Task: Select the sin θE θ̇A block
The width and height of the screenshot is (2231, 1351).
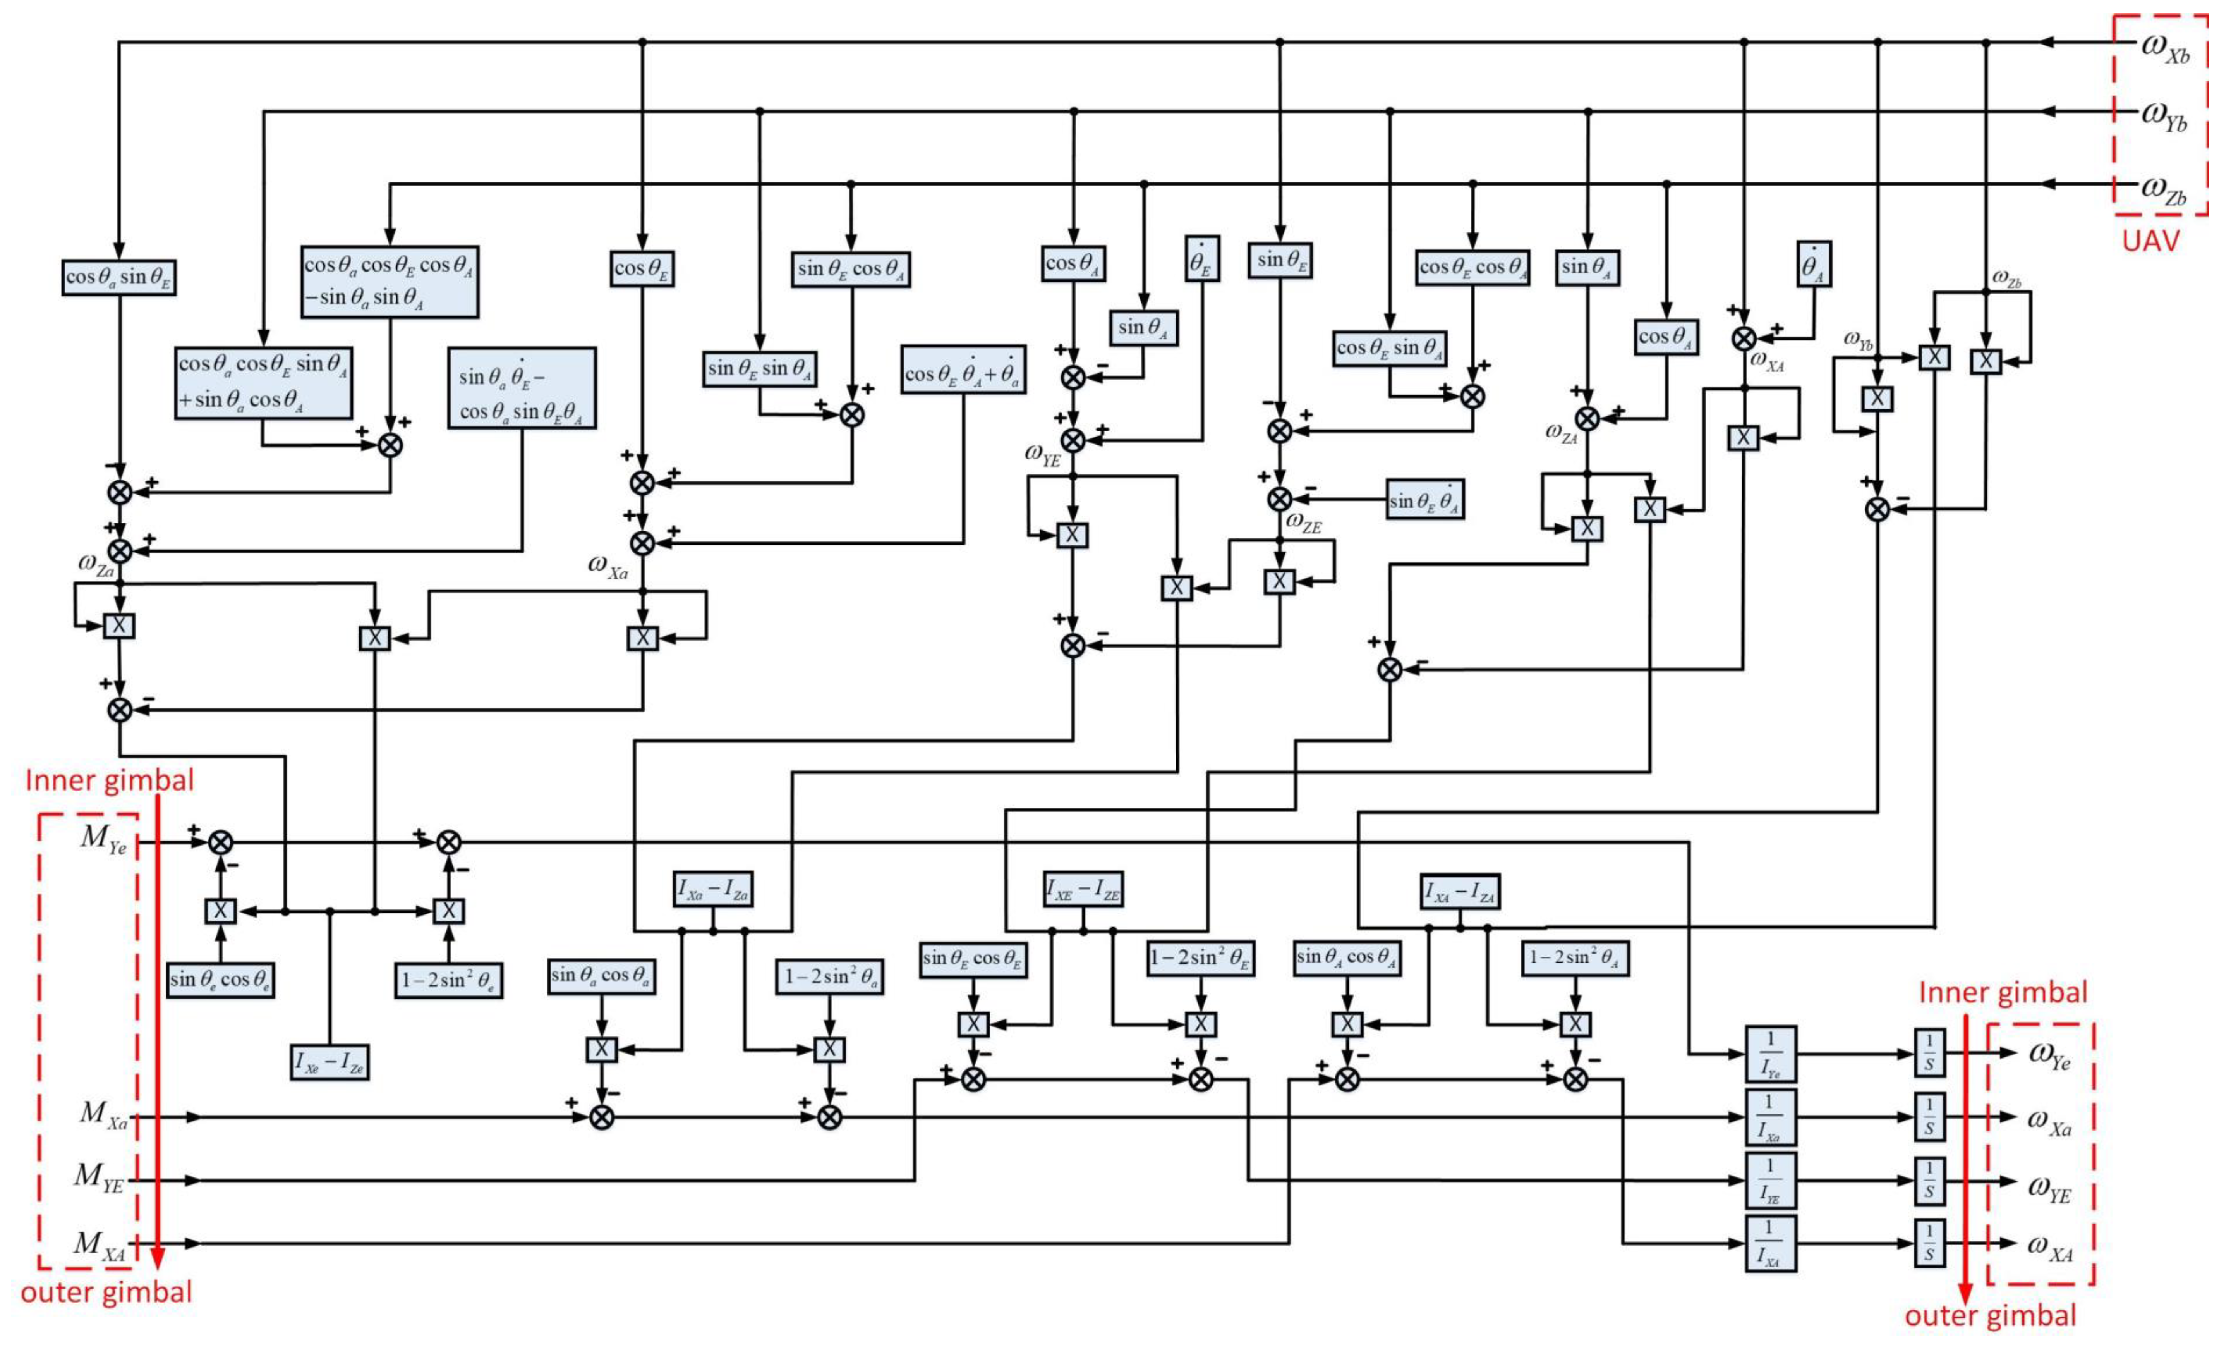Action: pos(1425,501)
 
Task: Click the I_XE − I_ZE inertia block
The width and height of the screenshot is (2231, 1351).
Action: pos(1083,890)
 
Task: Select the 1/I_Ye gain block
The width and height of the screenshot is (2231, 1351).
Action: pos(1770,1054)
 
